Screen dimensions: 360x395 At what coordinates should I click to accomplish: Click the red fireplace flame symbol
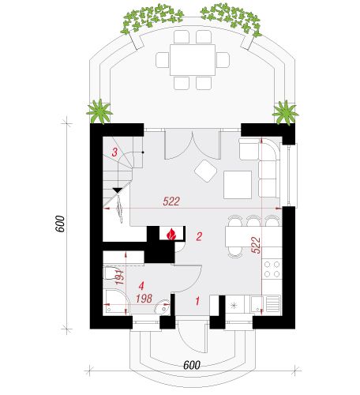click(x=171, y=234)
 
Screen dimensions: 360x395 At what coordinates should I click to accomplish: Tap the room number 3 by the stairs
click(x=114, y=152)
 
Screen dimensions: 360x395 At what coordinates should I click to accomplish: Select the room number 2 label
click(x=199, y=236)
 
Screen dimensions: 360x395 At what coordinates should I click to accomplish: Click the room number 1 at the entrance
click(x=197, y=301)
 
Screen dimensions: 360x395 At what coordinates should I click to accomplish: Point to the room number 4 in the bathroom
click(x=141, y=286)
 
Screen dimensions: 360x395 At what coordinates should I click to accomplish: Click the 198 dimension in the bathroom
click(x=144, y=299)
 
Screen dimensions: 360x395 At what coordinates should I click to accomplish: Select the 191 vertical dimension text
click(x=120, y=276)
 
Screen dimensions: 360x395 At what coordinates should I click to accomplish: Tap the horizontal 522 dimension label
click(x=171, y=201)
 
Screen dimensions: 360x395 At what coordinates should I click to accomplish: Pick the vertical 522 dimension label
click(x=256, y=245)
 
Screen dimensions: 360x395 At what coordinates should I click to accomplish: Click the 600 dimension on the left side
click(x=60, y=224)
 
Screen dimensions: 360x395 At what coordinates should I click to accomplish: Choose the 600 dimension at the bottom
click(x=192, y=365)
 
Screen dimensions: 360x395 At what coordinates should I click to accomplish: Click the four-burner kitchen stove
click(x=272, y=269)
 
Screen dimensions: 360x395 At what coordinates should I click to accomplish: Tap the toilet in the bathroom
click(x=111, y=273)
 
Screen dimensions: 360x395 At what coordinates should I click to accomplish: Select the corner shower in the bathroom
click(x=116, y=302)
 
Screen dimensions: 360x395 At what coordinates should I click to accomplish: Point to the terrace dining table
click(x=193, y=60)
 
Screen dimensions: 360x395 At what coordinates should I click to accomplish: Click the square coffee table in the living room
click(x=238, y=185)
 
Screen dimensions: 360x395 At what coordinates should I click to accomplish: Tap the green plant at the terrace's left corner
click(x=99, y=111)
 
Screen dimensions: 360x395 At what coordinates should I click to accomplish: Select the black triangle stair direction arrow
click(x=118, y=190)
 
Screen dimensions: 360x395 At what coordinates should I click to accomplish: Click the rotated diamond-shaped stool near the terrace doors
click(x=205, y=171)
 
